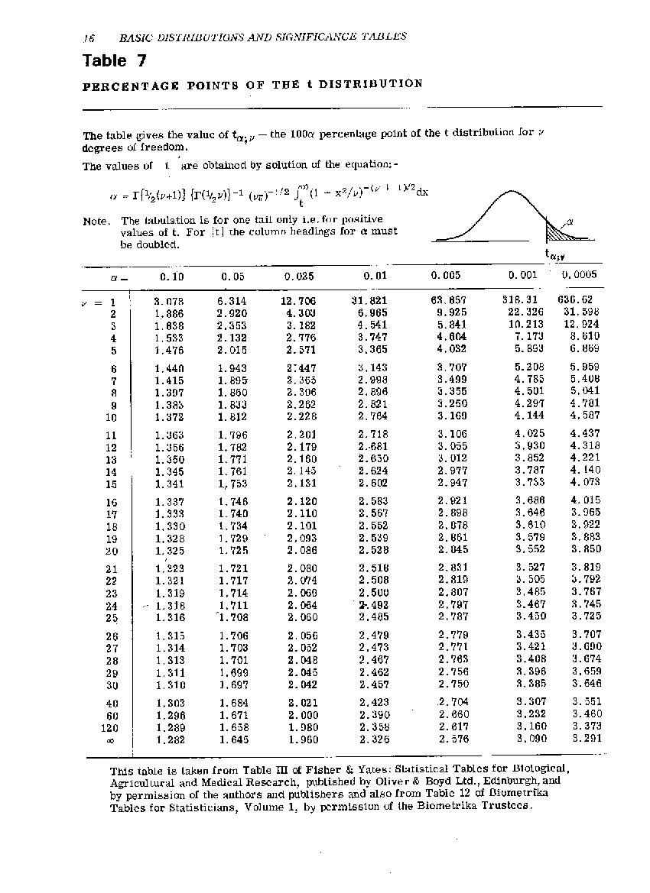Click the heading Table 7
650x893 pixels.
coord(114,60)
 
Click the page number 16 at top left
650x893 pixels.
coord(88,37)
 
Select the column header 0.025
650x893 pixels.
coord(299,276)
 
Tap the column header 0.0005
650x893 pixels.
coord(578,275)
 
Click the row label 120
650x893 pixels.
coord(109,728)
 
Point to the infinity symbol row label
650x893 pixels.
coord(111,740)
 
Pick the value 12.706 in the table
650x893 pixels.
coord(298,301)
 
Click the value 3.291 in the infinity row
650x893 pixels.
coord(586,739)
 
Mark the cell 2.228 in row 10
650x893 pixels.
coord(301,416)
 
